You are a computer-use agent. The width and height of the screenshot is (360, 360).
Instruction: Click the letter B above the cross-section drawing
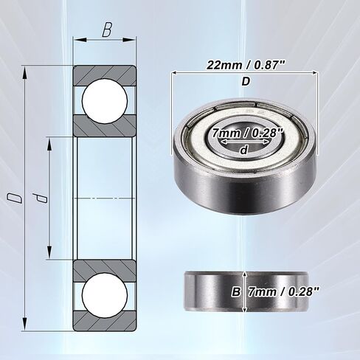point(108,32)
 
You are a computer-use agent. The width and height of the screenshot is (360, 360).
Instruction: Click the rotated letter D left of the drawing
point(13,197)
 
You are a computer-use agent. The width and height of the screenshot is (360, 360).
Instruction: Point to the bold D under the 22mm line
point(246,82)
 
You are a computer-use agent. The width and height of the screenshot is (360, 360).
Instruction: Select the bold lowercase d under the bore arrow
point(244,150)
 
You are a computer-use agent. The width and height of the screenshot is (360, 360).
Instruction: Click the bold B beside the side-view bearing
point(237,291)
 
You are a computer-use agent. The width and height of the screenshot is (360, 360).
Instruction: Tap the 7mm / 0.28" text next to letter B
point(283,291)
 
